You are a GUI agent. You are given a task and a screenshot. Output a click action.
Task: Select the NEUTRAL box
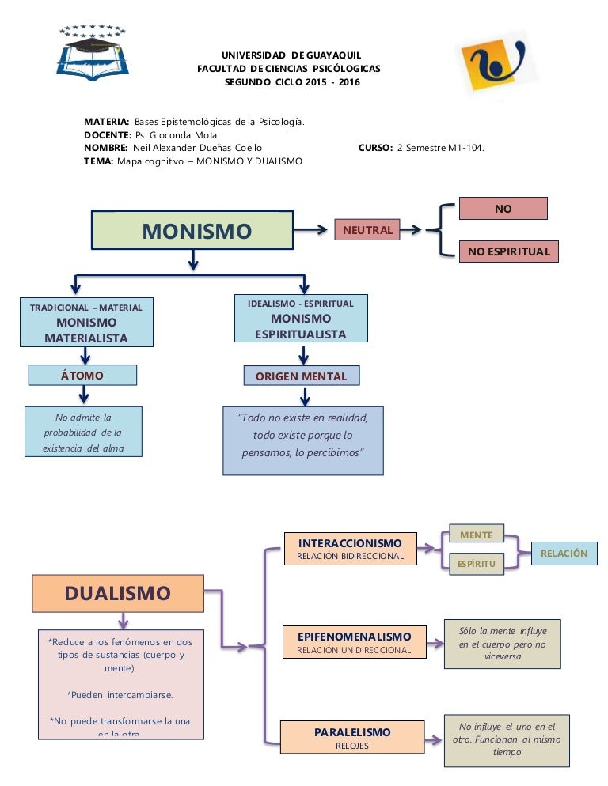click(x=367, y=230)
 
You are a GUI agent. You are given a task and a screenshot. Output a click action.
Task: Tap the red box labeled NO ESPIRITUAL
click(x=508, y=251)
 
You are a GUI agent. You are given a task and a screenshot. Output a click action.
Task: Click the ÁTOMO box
click(x=82, y=375)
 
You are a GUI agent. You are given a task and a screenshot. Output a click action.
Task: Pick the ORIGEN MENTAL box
click(x=301, y=376)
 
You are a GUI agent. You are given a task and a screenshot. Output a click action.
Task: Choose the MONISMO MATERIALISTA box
click(x=86, y=322)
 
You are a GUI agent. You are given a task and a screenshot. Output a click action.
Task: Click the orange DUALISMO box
click(x=117, y=593)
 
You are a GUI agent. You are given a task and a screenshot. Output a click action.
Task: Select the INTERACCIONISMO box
click(x=350, y=549)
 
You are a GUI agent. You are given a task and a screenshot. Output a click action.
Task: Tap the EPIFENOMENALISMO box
click(x=354, y=642)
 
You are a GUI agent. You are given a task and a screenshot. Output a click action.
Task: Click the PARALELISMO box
click(x=352, y=738)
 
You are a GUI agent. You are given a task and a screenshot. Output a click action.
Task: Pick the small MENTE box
click(x=476, y=535)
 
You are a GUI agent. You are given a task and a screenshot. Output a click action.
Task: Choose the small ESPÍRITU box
click(x=476, y=564)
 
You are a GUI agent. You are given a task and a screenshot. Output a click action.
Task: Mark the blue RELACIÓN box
click(x=564, y=554)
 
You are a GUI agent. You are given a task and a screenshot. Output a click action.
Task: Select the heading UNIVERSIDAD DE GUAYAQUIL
click(x=291, y=55)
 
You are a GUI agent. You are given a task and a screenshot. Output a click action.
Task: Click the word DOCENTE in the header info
click(x=108, y=134)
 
